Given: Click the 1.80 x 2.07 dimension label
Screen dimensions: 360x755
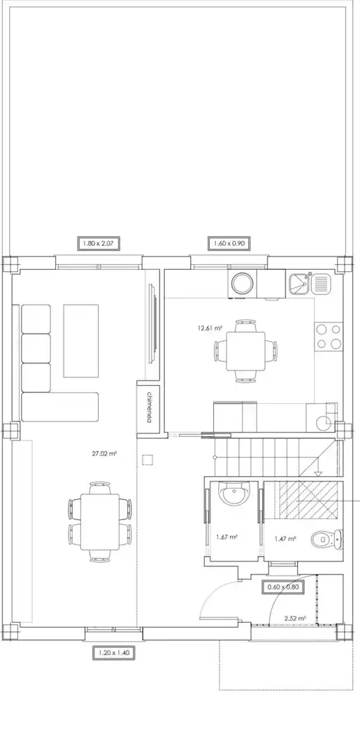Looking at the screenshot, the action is coord(98,244).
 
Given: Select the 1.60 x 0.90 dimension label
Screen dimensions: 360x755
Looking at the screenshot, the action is coord(229,244).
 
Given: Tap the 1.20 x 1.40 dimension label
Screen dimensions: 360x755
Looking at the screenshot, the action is coord(113,653).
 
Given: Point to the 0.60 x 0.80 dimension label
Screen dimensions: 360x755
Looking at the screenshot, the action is coord(283,587).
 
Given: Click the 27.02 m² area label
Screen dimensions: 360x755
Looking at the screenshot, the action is coord(105,453).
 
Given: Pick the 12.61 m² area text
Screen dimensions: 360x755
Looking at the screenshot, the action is coord(209,329).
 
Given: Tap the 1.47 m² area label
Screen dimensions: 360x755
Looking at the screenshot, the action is coord(285,539).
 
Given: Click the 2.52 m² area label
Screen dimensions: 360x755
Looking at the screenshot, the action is coord(295,618).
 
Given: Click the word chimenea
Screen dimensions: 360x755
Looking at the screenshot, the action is coord(149,407).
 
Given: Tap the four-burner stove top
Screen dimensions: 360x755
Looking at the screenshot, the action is coord(329,336).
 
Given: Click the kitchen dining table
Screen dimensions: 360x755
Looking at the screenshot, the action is coord(245,350).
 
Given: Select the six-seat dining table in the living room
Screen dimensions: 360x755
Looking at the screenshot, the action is coord(100,522).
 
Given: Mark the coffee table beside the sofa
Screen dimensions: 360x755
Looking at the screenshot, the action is coord(81,340).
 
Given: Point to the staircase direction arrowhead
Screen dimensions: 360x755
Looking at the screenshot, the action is coord(318,473).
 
